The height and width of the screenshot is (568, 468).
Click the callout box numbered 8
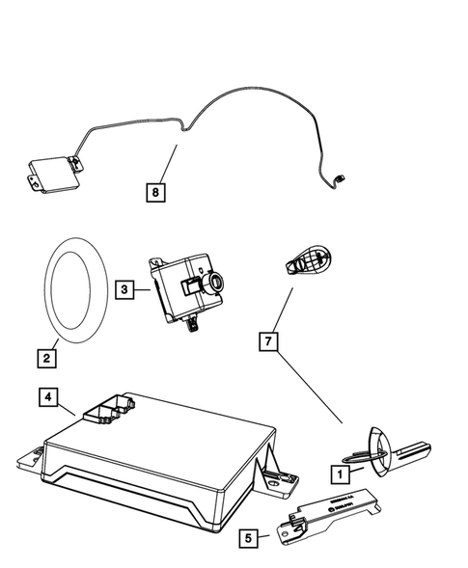tap(154, 192)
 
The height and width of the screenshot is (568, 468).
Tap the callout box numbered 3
tap(124, 288)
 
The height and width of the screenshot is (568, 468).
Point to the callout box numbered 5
tap(250, 538)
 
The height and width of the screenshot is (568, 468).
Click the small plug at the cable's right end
tap(341, 177)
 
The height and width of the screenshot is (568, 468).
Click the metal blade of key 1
tap(416, 450)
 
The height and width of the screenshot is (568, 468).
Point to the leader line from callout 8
tap(166, 164)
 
